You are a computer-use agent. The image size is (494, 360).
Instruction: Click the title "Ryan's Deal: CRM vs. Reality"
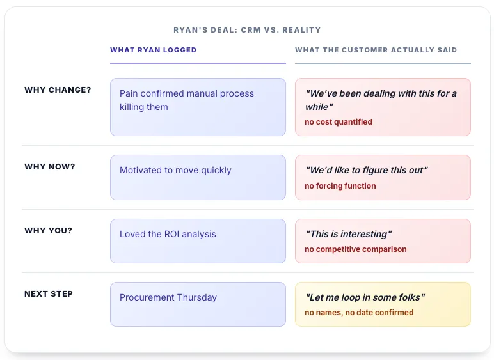pos(247,30)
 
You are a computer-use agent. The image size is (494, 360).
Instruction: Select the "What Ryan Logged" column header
pos(154,50)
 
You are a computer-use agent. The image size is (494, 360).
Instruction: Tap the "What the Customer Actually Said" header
pos(376,50)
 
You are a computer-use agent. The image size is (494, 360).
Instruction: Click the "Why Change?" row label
pos(58,90)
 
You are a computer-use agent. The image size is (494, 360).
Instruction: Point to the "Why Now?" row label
pos(50,167)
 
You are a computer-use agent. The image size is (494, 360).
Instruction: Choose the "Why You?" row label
pos(48,230)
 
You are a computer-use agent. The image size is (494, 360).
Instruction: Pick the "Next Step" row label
pos(49,294)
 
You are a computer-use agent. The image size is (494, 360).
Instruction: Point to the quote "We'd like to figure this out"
pos(366,171)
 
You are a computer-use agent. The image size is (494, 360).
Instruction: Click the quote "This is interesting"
pos(348,235)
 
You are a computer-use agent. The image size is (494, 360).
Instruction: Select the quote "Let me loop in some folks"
pos(365,298)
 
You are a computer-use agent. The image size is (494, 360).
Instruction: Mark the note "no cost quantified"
pos(339,122)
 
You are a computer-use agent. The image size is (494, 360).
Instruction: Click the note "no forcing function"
pos(340,186)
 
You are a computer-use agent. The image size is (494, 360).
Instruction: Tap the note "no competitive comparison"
pos(356,249)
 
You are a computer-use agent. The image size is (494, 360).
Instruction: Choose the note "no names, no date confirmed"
pos(359,313)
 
